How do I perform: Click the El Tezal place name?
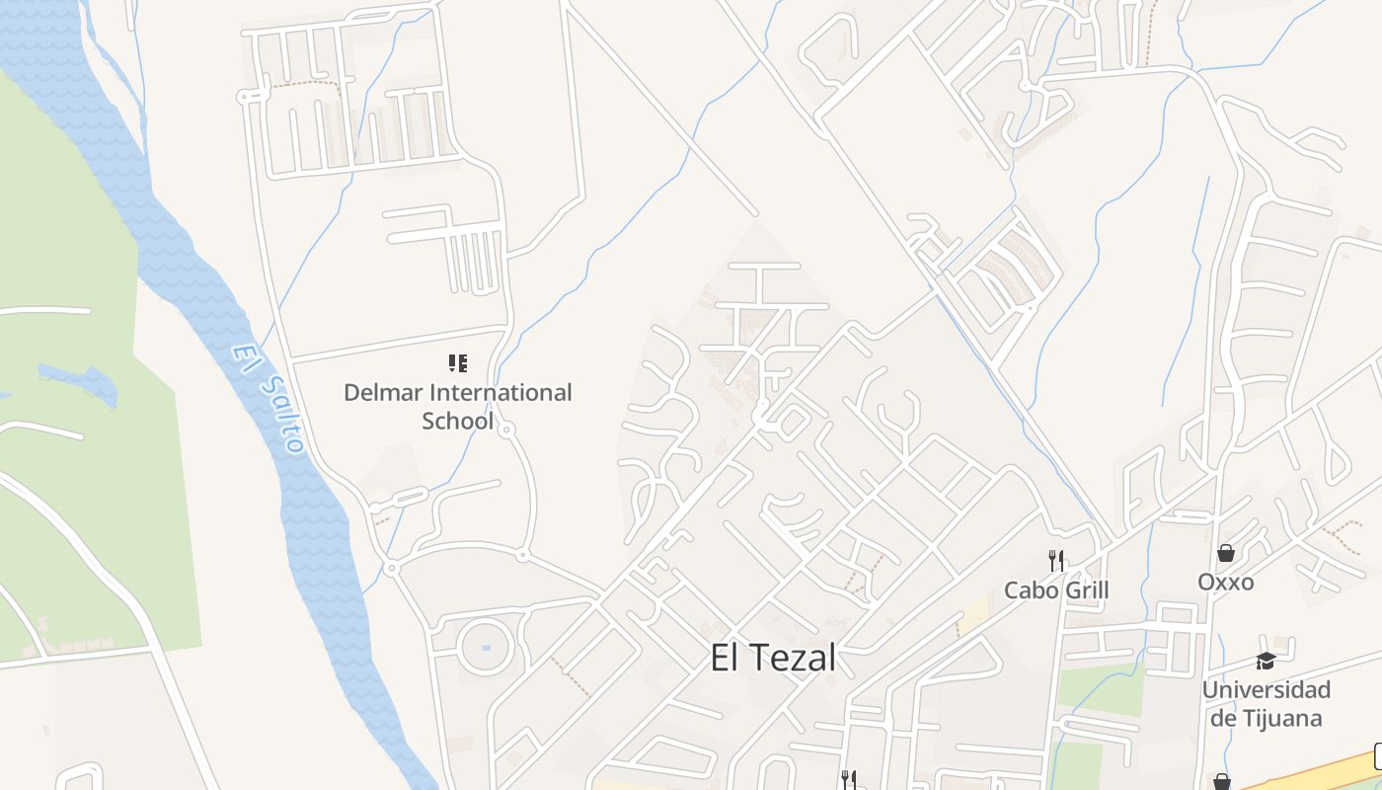coord(773,658)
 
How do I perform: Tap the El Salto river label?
coord(267,398)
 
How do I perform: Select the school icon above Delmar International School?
coord(457,363)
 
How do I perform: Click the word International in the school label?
coord(496,392)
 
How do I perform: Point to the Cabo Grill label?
coord(1056,591)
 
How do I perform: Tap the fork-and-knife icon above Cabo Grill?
coord(1056,561)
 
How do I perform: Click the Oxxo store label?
coord(1226,582)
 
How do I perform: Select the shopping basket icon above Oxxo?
coord(1225,553)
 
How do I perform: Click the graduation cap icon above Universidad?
coord(1266,661)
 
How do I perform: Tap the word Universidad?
coord(1267,689)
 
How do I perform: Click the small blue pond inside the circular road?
coord(485,648)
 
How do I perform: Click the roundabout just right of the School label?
coord(506,430)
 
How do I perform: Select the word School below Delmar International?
coord(457,421)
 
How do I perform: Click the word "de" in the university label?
coord(1223,718)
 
